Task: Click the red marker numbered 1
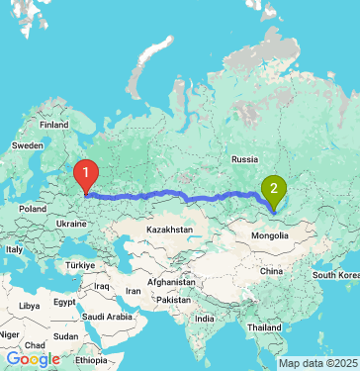click(87, 176)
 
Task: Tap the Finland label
click(53, 126)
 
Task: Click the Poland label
click(33, 209)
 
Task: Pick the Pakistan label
click(173, 299)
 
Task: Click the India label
click(204, 319)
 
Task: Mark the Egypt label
click(63, 301)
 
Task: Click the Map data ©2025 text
click(318, 363)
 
